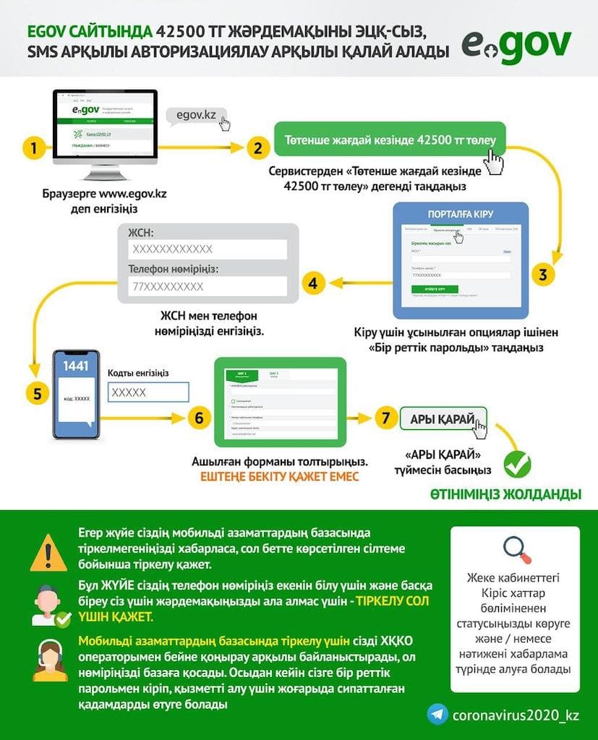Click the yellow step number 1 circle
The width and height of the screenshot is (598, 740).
coord(31,149)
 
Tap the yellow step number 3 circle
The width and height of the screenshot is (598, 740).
coord(542,274)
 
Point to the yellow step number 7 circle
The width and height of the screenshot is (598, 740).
coord(386,418)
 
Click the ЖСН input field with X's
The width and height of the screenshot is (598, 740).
coord(208,249)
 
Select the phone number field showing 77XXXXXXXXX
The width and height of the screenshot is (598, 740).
coord(208,287)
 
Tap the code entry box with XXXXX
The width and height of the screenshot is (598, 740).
coord(148,392)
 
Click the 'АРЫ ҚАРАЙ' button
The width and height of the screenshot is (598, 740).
coord(443,419)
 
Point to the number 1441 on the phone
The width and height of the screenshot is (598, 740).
coord(75,366)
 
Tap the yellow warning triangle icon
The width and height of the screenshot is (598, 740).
coord(48,553)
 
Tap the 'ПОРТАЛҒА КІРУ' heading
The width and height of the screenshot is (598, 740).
coord(461,214)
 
